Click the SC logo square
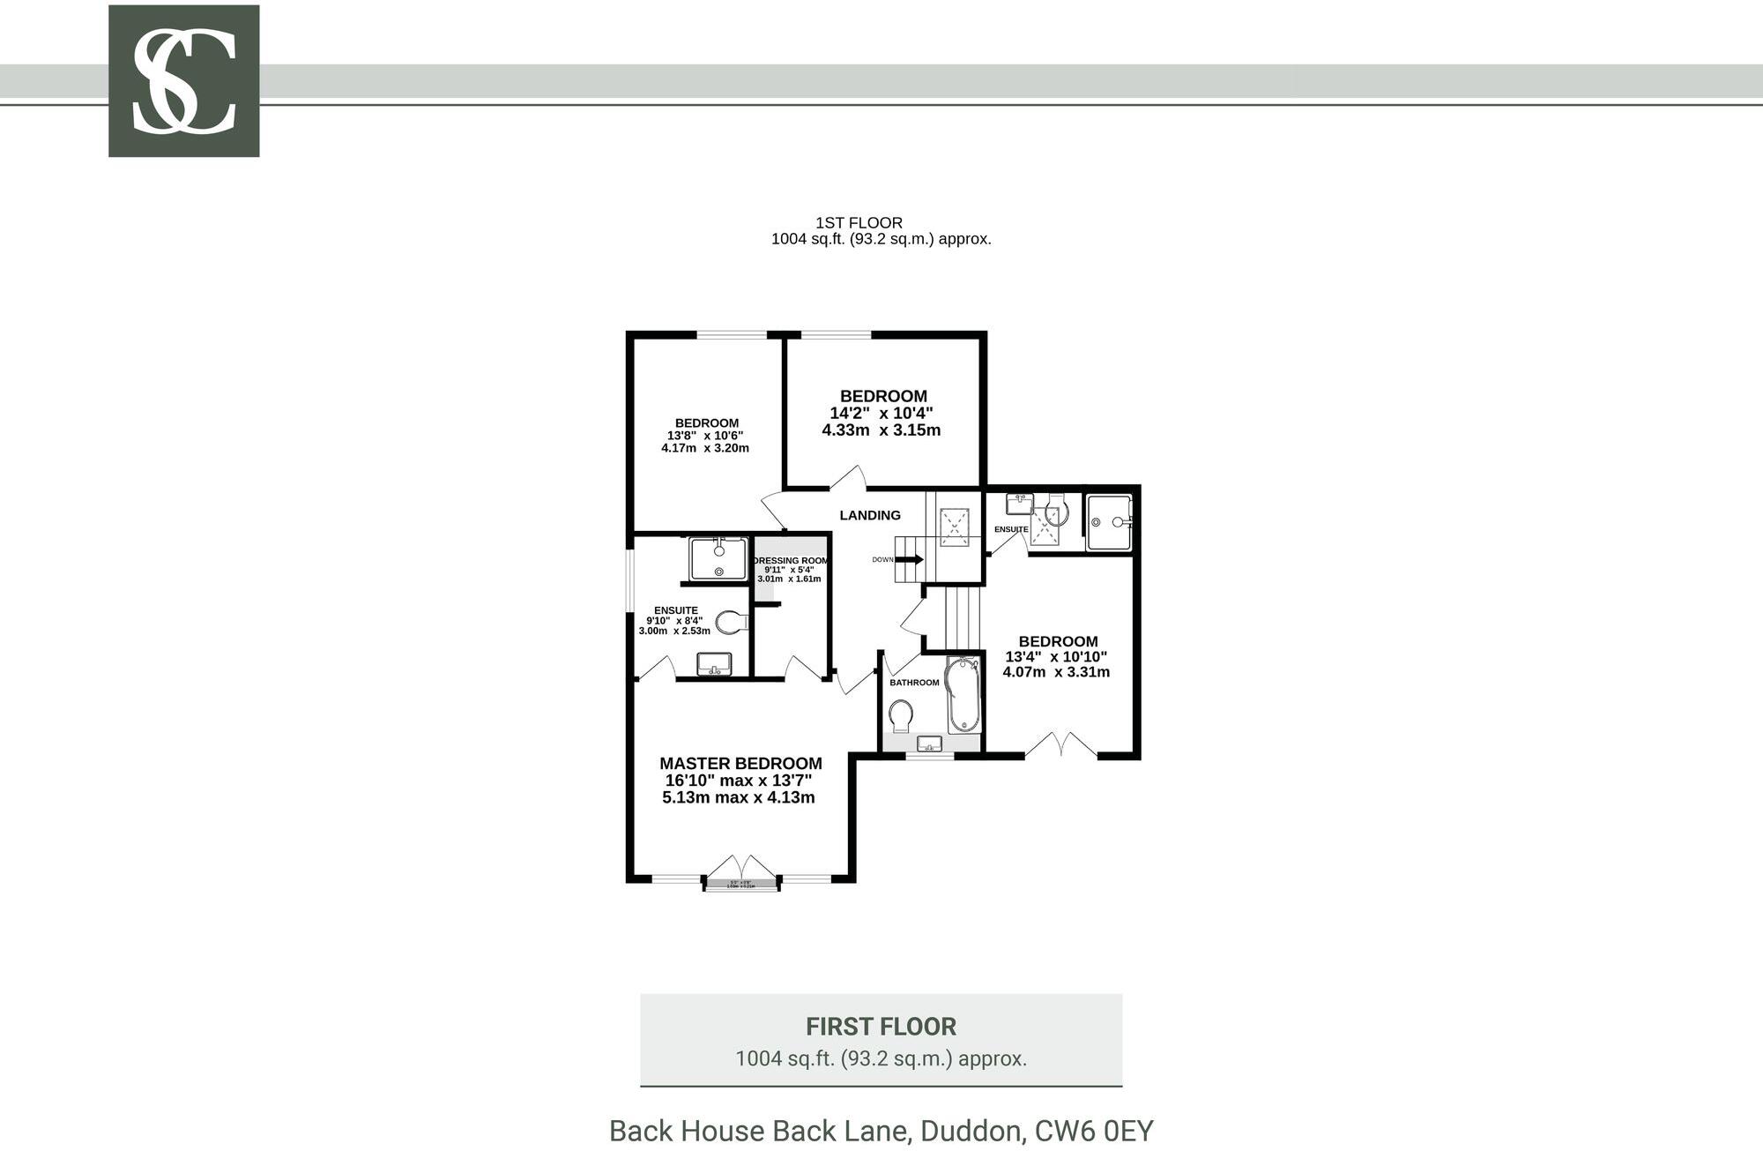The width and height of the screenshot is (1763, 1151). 183,81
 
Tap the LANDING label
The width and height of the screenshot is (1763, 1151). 869,516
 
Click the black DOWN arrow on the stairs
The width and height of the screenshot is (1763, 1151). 911,559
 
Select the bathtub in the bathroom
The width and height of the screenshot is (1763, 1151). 963,695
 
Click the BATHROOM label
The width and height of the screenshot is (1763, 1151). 914,683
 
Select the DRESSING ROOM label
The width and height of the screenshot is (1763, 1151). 791,561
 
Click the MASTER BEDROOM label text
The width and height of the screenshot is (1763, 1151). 740,764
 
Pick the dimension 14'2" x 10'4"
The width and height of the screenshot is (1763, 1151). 881,414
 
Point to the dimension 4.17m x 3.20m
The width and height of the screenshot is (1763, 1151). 705,448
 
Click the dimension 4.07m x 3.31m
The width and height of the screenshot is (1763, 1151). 1056,672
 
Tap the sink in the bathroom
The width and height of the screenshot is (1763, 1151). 930,743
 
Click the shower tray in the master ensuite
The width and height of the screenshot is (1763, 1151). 718,559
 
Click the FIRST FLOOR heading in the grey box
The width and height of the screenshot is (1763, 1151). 881,1027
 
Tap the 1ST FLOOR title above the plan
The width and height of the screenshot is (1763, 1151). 859,223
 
